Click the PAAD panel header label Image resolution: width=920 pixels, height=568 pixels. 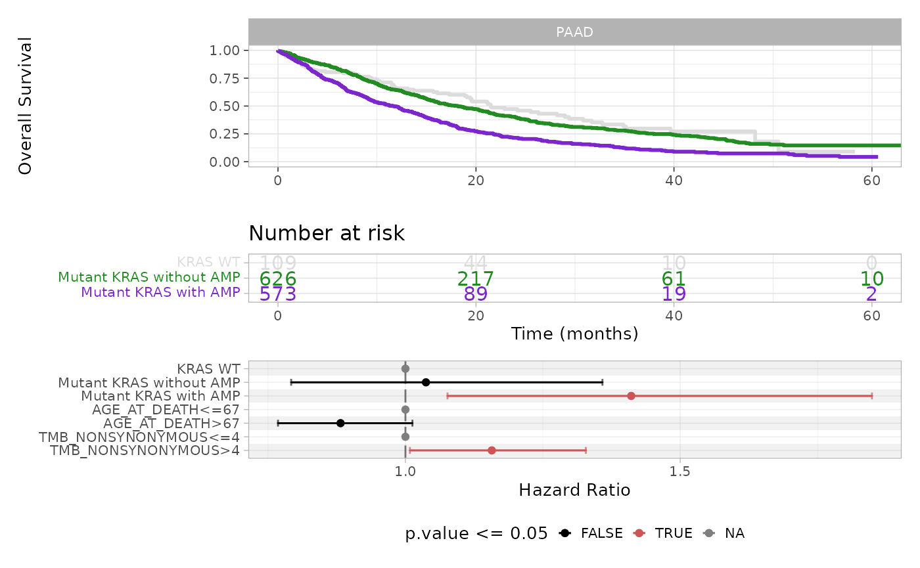tap(574, 32)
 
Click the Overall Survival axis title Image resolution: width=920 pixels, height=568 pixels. tap(26, 106)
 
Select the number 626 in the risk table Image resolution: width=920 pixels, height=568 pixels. tap(278, 279)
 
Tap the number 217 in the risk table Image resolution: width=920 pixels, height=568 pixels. tap(476, 279)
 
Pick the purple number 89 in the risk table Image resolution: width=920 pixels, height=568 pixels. tap(476, 294)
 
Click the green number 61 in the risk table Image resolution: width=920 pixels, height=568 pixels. tap(674, 279)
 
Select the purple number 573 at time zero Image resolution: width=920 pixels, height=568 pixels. tap(278, 294)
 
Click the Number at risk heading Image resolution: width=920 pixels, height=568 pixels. tap(327, 233)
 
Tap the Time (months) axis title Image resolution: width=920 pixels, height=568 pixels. tap(574, 334)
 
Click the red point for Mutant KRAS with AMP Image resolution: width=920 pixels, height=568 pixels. tap(631, 396)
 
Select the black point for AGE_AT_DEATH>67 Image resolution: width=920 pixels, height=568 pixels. tap(340, 423)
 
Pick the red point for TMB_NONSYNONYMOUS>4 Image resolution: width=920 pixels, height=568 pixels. tap(492, 450)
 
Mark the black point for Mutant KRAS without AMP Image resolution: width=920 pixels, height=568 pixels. tap(426, 382)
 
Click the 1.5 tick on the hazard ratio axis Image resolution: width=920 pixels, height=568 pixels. tap(679, 471)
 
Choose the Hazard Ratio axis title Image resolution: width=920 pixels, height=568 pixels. tap(574, 490)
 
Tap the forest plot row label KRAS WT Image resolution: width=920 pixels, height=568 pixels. tap(208, 369)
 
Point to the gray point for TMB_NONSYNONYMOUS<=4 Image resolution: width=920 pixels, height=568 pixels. tap(405, 437)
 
